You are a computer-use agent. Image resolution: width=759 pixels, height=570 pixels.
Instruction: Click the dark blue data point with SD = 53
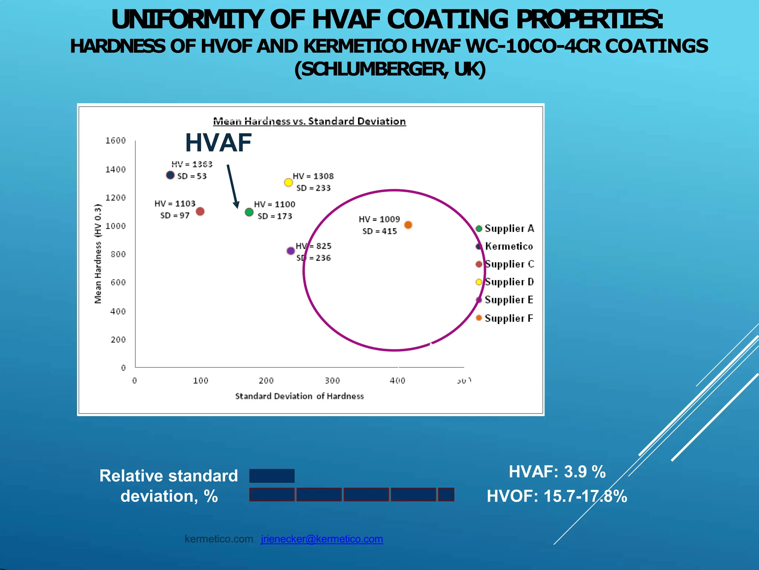point(170,175)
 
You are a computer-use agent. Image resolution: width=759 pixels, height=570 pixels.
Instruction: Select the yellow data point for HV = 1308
point(288,182)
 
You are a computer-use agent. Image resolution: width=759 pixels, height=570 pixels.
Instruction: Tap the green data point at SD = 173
point(249,212)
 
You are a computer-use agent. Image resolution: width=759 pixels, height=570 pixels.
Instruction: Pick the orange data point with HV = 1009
point(408,225)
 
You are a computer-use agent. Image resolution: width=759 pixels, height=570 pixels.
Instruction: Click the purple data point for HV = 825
point(291,251)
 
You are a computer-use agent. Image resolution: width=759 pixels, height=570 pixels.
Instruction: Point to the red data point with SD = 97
point(200,212)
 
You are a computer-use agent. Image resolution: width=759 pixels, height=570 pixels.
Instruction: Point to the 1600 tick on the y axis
point(116,141)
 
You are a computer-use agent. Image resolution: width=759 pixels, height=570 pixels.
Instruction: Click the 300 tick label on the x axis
point(332,381)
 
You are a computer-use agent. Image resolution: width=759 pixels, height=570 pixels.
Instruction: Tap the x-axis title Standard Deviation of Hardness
point(299,396)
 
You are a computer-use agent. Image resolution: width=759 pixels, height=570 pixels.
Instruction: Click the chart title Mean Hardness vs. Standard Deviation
point(309,121)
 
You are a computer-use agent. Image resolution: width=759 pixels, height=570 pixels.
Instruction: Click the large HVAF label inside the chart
point(218,143)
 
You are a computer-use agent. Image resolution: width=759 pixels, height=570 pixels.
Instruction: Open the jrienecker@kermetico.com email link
point(322,539)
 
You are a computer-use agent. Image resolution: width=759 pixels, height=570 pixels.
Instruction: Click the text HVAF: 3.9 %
point(557,472)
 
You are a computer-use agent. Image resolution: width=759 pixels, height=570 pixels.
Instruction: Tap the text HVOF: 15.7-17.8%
point(557,496)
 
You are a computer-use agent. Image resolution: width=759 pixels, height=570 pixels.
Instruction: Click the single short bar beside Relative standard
point(272,476)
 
